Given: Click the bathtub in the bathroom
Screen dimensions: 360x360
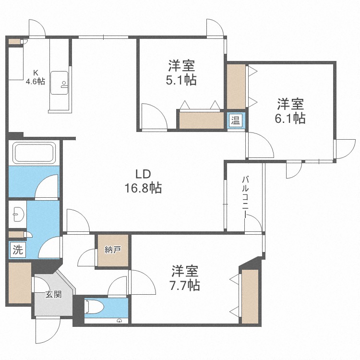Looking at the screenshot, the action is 35,153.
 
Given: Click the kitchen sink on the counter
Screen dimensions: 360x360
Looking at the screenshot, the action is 59,83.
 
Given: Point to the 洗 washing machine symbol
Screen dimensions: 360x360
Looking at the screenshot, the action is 18,250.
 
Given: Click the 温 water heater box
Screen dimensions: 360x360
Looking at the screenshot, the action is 236,120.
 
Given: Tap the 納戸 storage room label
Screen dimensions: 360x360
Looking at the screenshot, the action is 112,250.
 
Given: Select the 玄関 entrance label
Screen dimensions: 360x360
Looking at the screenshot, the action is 53,294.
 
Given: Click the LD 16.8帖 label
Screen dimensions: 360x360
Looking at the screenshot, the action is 143,181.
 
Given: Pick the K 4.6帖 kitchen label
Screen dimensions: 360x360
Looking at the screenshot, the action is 35,77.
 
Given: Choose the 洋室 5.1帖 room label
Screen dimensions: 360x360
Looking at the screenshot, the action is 181,73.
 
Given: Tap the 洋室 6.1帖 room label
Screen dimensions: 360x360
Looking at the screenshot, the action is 290,111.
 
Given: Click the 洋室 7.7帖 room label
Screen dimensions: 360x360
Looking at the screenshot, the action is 185,278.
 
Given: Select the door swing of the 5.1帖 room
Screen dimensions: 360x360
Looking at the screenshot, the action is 154,116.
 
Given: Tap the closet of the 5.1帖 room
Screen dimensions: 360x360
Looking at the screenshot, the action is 201,120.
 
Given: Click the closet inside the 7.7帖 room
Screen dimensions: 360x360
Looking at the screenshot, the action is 250,297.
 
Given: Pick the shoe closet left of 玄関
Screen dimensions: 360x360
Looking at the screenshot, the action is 20,283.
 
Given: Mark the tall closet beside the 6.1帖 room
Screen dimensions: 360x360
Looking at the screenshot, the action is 236,86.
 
